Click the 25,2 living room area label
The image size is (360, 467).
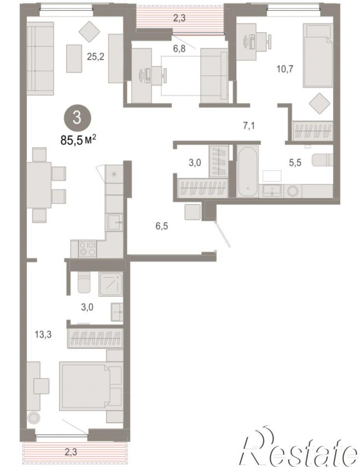tap(95, 56)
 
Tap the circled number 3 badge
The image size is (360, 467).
tap(77, 118)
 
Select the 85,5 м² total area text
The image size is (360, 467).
tap(78, 140)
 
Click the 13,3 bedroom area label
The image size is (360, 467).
tap(43, 334)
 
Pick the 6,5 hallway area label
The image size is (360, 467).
tap(162, 226)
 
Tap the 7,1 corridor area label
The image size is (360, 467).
tap(249, 126)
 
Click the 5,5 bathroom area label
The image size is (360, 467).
tap(295, 162)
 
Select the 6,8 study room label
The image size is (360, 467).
tap(179, 48)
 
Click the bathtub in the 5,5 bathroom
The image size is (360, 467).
tap(247, 171)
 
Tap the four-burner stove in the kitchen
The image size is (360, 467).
tap(87, 249)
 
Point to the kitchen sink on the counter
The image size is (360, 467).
tap(115, 222)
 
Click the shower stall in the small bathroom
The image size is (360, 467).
tap(110, 284)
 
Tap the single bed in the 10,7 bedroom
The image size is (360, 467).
tap(318, 56)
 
